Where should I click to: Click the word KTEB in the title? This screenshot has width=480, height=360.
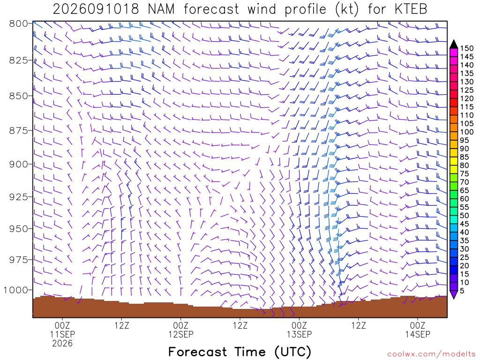coord(411,9)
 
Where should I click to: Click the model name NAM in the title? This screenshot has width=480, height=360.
coord(161,9)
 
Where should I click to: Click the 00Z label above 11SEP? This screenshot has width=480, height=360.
coord(62,325)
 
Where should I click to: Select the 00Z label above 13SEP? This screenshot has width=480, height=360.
coord(299,325)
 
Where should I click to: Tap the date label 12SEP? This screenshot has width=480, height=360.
coord(180,334)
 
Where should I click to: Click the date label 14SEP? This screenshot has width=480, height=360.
coord(418,334)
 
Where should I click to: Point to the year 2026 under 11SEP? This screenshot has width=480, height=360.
coord(62,344)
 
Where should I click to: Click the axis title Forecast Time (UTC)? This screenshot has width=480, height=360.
coord(240,352)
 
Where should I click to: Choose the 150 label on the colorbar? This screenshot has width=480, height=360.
coord(467,48)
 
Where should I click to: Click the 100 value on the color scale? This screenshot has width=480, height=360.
coord(467,132)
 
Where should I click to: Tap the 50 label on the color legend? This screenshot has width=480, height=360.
coord(465,216)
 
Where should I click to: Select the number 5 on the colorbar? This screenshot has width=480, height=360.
coord(462,291)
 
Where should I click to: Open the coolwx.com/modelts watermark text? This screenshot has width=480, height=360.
coord(431,354)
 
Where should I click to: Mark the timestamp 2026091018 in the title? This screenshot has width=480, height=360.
coord(96,9)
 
